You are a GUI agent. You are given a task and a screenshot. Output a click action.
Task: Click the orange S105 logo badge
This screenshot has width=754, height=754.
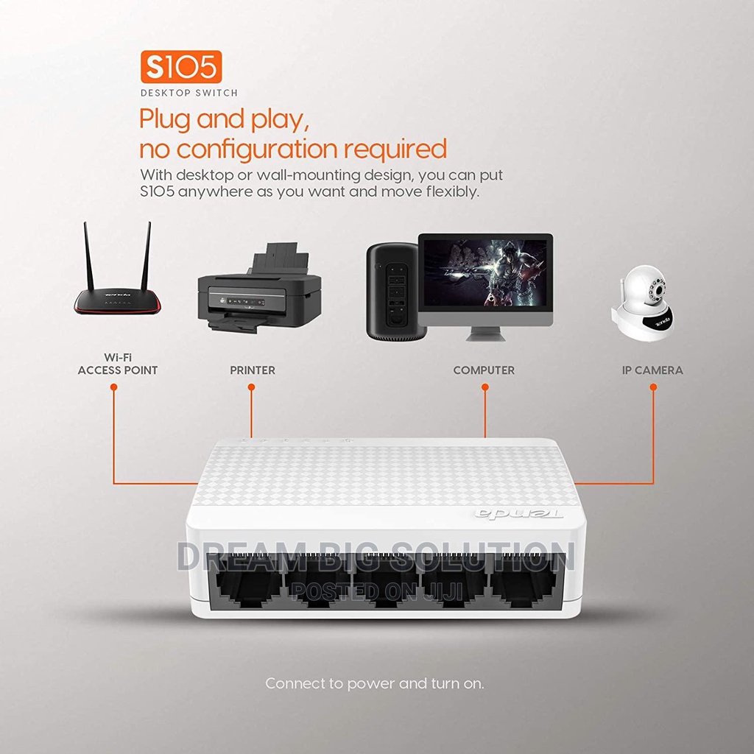[181, 67]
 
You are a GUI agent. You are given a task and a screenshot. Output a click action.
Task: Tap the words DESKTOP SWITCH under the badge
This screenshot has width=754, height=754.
[189, 93]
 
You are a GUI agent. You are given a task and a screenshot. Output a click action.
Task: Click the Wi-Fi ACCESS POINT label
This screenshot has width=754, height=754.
[118, 364]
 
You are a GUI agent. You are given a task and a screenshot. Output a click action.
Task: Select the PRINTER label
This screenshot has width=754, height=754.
[253, 370]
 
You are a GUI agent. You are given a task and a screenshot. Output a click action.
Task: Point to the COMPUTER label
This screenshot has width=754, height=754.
[484, 370]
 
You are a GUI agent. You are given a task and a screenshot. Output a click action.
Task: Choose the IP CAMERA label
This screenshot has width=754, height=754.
[652, 370]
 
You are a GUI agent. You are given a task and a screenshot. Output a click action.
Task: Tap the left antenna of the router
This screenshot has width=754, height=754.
[88, 256]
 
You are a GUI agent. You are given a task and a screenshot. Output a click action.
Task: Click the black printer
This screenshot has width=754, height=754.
[260, 288]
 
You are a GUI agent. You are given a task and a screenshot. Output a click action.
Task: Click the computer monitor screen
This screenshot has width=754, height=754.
[485, 272]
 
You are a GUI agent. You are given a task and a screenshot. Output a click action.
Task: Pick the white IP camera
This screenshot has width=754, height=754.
[642, 303]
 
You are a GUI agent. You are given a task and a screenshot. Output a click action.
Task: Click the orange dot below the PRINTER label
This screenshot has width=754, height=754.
[251, 387]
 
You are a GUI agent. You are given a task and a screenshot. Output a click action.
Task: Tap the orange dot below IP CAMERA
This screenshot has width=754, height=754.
[653, 387]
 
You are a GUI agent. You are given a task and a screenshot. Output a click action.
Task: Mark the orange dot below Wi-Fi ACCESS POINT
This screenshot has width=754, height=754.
[114, 387]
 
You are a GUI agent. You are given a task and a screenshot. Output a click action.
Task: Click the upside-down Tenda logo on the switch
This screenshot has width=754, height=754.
[519, 513]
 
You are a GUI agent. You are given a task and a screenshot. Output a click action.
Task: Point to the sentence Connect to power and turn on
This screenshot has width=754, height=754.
[375, 683]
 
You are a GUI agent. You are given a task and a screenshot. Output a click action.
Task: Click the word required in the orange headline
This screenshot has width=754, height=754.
[395, 149]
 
